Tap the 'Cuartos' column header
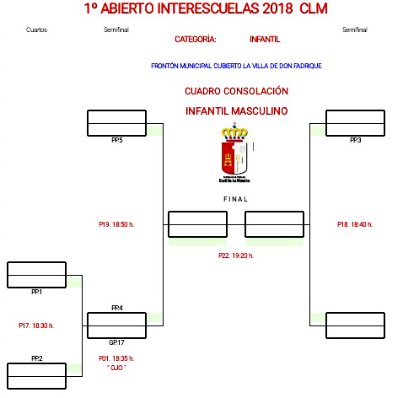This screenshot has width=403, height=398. pos(36,30)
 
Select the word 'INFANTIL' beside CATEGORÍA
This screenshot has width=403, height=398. pos(265,39)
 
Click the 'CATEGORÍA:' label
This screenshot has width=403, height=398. pos(195,39)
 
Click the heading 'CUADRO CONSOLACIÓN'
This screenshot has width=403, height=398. pos(236,90)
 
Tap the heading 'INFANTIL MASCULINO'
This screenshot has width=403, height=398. pos(236,110)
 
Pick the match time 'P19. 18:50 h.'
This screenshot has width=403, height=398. pos(116,224)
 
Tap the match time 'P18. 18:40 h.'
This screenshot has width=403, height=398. pos(354,224)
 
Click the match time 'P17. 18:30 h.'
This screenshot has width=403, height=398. pos(35,325)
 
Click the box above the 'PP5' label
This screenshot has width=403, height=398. pos(117,123)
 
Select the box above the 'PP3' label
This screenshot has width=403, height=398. pos(355,123)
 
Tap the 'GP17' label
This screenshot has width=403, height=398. pos(116,342)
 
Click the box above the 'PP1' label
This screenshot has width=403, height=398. pos(36,275)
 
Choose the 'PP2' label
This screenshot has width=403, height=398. pos(36,358)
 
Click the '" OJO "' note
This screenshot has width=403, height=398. pos(116,368)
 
